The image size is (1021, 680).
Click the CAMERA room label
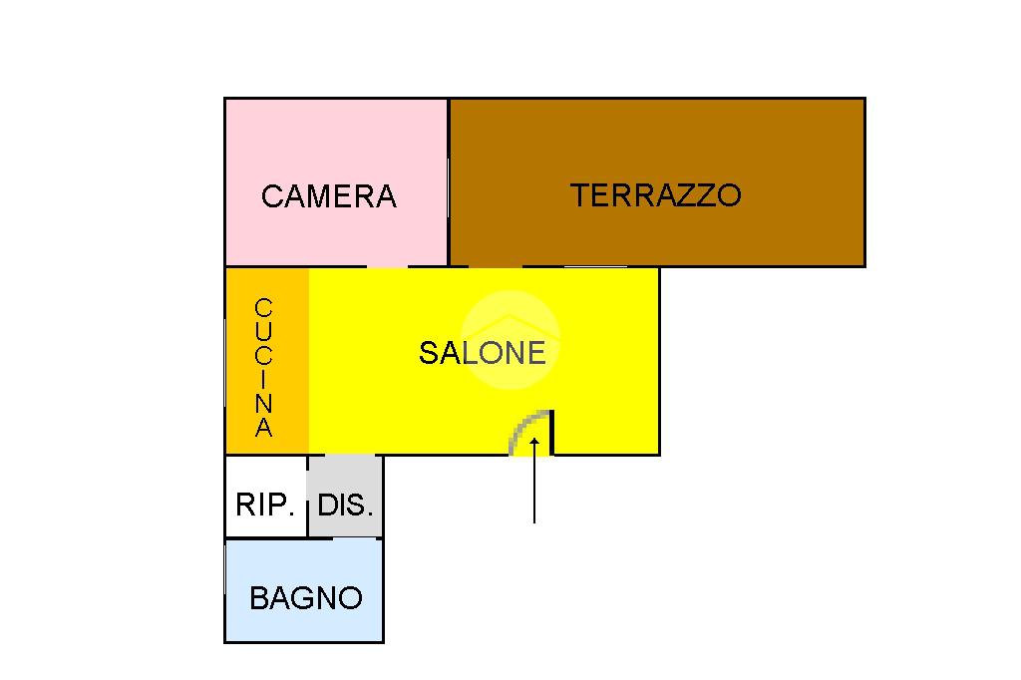pyautogui.click(x=328, y=196)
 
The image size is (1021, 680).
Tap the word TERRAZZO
pyautogui.click(x=655, y=194)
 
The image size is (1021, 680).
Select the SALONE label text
pyautogui.click(x=483, y=353)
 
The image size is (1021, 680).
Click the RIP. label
pyautogui.click(x=265, y=505)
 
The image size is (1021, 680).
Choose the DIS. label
pyautogui.click(x=345, y=505)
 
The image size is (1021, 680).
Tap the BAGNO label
pyautogui.click(x=305, y=598)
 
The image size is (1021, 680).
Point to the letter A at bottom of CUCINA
pyautogui.click(x=264, y=430)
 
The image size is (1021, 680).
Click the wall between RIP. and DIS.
pyautogui.click(x=307, y=497)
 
